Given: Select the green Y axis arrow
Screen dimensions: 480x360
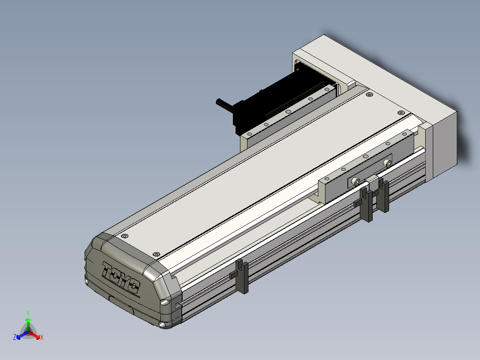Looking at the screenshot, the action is pos(28,324).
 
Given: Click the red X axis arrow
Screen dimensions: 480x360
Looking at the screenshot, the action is pos(34,335).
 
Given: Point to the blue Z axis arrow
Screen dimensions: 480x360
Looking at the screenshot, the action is pos(22,335).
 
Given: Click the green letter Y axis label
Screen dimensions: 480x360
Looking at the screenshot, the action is pos(28,313).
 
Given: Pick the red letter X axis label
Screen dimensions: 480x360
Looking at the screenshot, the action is pos(42,337).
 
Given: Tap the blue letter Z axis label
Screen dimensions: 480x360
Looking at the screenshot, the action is pos(14,337).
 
